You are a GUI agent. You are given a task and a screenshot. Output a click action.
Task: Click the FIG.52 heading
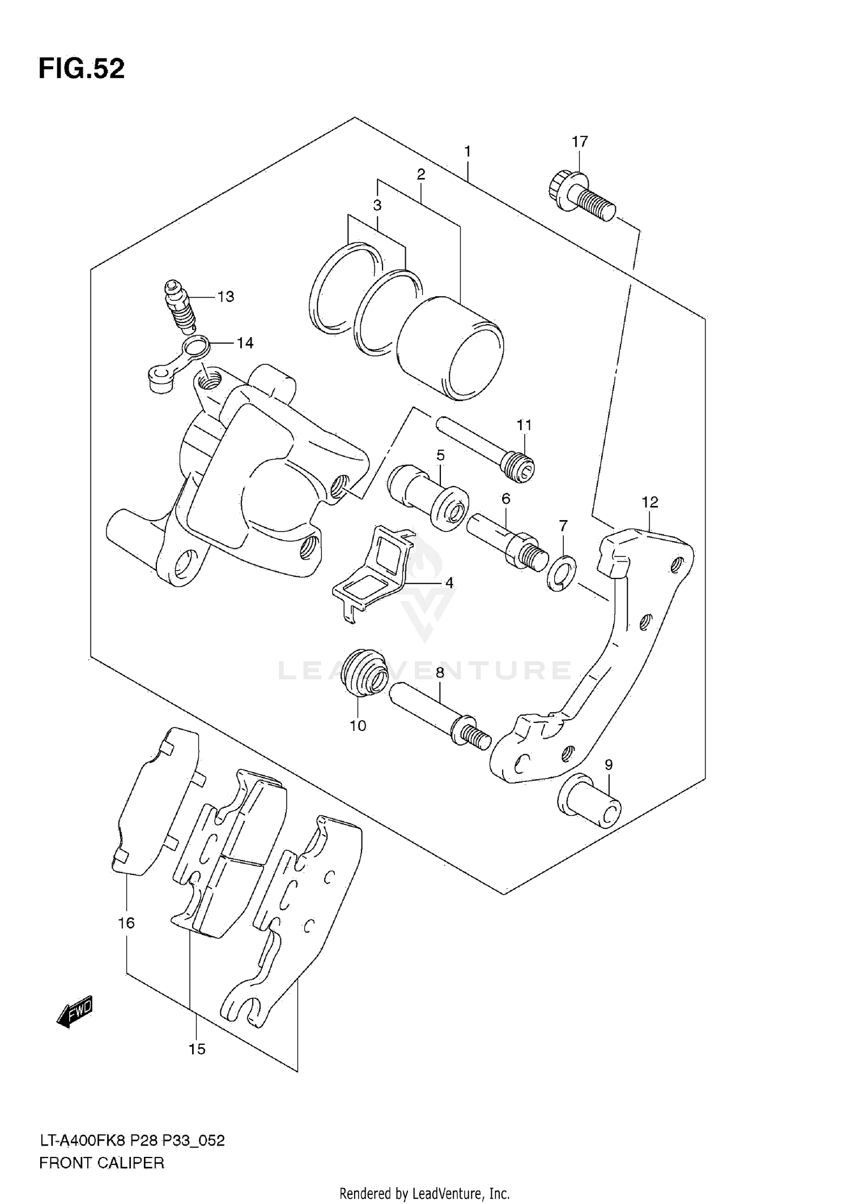[x=82, y=69]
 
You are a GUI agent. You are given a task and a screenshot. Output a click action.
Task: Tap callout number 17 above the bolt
[x=579, y=142]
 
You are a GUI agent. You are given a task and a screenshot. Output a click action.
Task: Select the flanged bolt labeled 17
[x=581, y=197]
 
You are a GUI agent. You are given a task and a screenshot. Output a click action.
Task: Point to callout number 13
[x=226, y=297]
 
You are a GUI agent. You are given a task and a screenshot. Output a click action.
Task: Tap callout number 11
[x=524, y=425]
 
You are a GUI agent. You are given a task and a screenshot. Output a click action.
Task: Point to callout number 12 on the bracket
[x=650, y=502]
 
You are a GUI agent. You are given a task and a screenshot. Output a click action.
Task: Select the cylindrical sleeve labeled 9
[x=589, y=801]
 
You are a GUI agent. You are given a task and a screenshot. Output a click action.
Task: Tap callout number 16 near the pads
[x=126, y=923]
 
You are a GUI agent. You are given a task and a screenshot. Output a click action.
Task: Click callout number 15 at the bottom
[x=197, y=1049]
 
